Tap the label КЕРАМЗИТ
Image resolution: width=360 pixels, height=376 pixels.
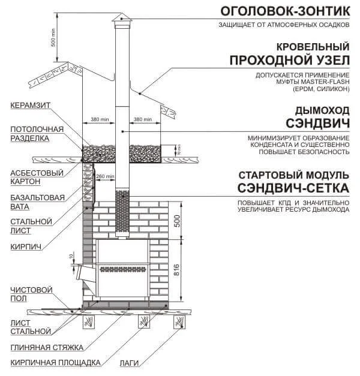pyautogui.click(x=29, y=106)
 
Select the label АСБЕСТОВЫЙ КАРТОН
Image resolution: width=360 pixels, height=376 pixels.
pyautogui.click(x=29, y=176)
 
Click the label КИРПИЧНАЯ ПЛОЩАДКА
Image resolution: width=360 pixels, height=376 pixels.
pyautogui.click(x=54, y=363)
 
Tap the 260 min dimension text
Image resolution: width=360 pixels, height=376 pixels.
pyautogui.click(x=105, y=176)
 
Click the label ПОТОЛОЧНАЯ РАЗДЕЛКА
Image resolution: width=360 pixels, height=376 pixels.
pyautogui.click(x=37, y=134)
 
